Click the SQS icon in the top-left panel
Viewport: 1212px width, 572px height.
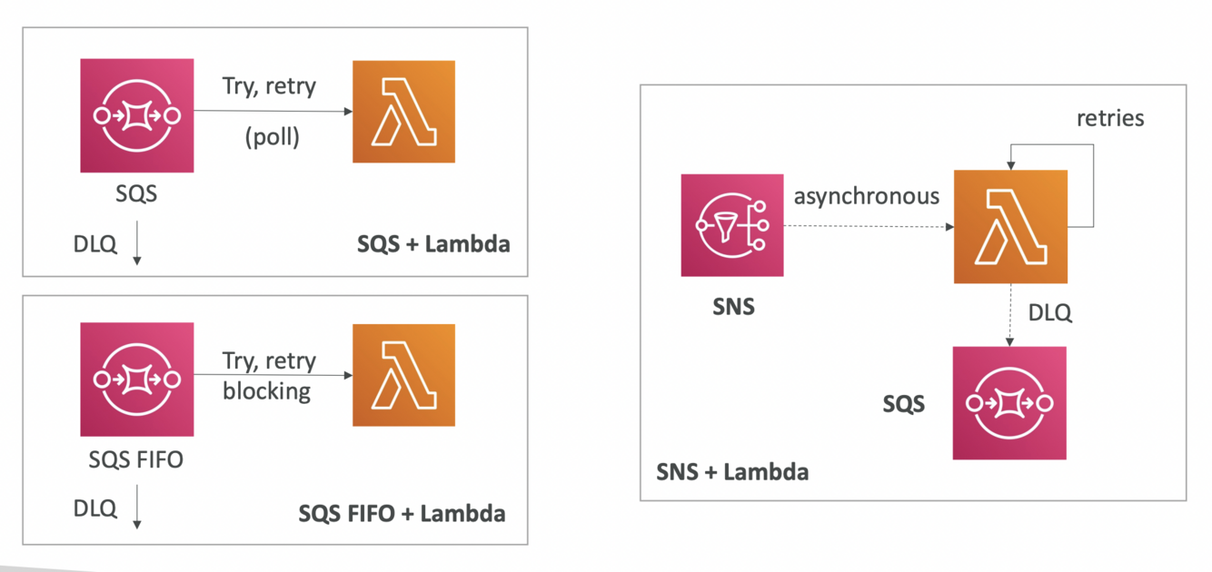[136, 115]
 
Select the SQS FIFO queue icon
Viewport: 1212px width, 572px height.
[136, 378]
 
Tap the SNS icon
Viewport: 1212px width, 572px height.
[732, 225]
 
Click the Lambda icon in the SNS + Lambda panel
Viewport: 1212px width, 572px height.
[1010, 226]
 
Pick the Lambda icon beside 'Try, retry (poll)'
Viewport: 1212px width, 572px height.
[403, 112]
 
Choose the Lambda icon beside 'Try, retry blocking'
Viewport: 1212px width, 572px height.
[403, 374]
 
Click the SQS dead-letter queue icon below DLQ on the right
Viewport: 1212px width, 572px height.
[1009, 403]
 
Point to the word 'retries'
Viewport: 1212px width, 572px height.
[1110, 118]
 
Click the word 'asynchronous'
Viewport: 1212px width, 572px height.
[867, 195]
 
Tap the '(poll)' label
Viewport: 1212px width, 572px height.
[272, 139]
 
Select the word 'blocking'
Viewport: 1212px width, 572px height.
[266, 391]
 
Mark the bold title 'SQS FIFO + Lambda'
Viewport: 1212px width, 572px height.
[402, 513]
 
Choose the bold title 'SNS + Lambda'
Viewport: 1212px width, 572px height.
[732, 471]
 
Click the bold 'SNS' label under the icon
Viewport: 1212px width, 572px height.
[732, 306]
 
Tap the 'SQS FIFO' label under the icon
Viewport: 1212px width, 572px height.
[135, 459]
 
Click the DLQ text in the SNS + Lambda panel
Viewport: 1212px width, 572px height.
[1049, 313]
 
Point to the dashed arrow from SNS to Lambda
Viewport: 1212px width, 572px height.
[868, 226]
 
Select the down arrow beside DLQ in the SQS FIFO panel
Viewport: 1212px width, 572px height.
[137, 507]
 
